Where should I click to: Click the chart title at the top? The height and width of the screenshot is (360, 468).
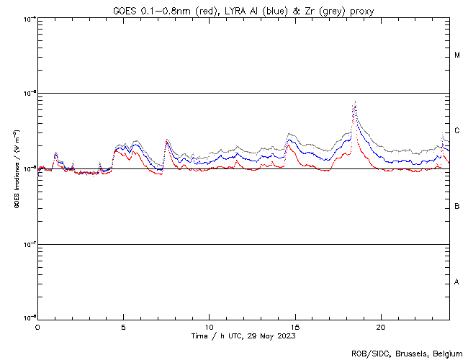pos(243,11)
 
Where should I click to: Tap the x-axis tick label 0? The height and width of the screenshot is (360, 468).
pos(37,326)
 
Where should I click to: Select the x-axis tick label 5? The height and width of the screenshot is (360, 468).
pos(123,326)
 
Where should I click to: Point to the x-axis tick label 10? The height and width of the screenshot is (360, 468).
pos(209,326)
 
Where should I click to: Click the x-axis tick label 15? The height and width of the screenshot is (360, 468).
pos(295,326)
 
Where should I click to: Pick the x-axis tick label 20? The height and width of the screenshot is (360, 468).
pos(381,326)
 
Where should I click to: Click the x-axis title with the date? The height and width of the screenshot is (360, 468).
pos(243,336)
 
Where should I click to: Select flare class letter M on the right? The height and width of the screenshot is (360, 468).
pos(457,55)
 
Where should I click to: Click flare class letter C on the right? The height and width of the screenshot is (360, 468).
pos(457,131)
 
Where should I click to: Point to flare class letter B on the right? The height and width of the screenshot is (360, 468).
pos(457,207)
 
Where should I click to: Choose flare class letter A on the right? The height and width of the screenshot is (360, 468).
pos(457,282)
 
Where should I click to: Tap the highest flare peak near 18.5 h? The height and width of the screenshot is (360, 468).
pos(355,102)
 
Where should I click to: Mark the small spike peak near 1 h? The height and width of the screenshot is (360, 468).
pos(55,153)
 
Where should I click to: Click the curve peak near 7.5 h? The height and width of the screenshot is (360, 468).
pos(167,140)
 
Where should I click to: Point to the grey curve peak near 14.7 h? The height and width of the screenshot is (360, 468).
pos(289,134)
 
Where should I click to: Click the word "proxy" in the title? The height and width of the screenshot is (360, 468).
pos(361,11)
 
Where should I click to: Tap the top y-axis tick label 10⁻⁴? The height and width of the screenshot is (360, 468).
pos(30,18)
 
